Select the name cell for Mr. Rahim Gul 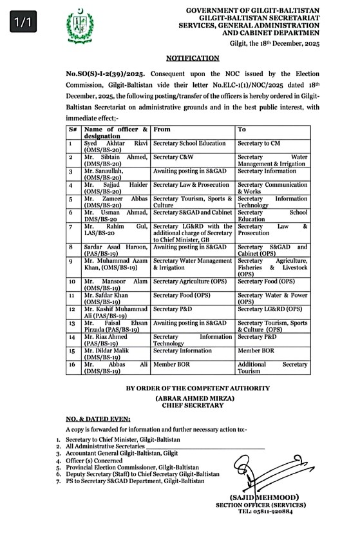(x=116, y=230)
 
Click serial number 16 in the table (x=73, y=364)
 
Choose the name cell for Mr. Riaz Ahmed (x=116, y=340)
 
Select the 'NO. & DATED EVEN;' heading (x=97, y=419)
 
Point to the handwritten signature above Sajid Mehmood (x=258, y=474)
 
